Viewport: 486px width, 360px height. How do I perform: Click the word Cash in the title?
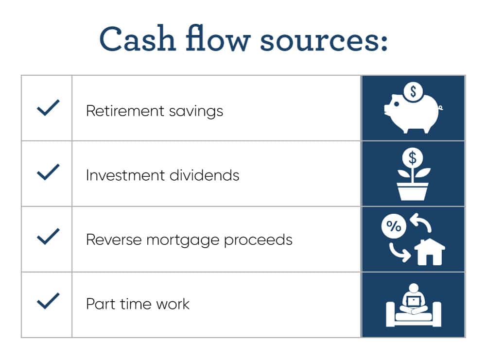(x=138, y=39)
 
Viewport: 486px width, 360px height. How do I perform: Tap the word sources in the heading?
(x=320, y=41)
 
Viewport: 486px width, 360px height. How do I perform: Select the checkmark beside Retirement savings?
(x=48, y=108)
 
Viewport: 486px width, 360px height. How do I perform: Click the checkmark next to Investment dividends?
(x=48, y=172)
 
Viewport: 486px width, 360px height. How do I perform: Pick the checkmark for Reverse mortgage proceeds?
(x=48, y=237)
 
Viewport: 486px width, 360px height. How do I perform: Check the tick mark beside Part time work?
(x=48, y=301)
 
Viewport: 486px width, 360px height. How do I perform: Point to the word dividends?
(x=204, y=175)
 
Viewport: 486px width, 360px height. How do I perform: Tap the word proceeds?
(x=258, y=240)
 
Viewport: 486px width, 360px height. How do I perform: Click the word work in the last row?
(x=173, y=304)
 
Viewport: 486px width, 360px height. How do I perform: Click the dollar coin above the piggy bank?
(x=413, y=92)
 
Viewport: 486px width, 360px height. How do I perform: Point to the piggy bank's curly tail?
(x=441, y=108)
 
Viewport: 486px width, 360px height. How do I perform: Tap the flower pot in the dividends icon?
(x=413, y=191)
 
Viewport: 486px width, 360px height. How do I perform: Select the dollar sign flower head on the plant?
(x=413, y=158)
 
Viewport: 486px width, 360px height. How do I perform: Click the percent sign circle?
(x=394, y=226)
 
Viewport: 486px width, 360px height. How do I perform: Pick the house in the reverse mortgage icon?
(x=429, y=252)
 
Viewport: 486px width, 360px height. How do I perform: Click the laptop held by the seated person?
(x=414, y=301)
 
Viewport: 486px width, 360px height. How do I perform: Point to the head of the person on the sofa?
(x=414, y=288)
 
